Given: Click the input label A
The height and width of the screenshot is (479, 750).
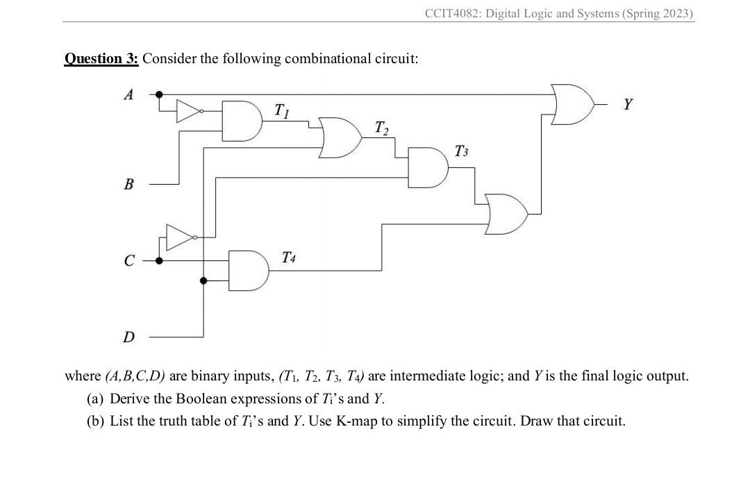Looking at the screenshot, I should click(x=128, y=95).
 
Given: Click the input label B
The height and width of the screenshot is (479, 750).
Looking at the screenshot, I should click(x=128, y=185).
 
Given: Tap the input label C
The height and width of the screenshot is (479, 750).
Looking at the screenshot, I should click(x=128, y=262).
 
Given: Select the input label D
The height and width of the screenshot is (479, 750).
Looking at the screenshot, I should click(x=128, y=337).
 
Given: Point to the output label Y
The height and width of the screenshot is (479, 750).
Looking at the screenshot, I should click(x=628, y=105).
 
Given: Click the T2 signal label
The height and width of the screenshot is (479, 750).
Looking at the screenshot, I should click(x=381, y=128).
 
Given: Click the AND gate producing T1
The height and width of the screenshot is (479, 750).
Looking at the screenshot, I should click(x=240, y=121).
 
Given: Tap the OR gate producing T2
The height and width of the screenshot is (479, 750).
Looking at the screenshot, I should click(x=340, y=136).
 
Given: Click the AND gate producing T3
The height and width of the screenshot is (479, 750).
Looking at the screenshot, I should click(x=426, y=167).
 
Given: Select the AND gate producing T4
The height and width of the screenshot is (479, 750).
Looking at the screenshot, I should click(x=249, y=270).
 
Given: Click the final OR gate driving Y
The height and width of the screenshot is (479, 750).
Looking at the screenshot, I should click(x=572, y=103).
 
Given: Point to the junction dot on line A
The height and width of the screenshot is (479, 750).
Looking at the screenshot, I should click(x=159, y=94).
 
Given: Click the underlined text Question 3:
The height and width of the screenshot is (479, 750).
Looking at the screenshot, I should click(x=101, y=58).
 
